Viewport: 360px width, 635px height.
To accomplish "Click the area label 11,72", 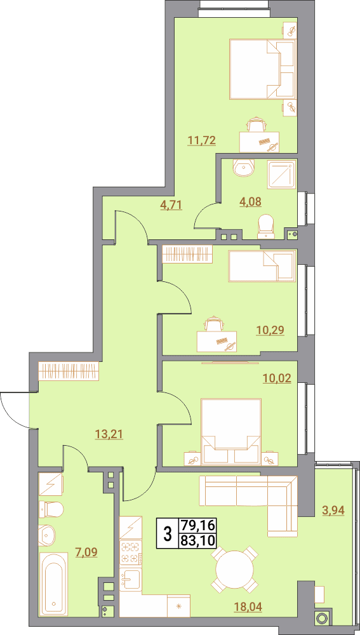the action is (201, 140).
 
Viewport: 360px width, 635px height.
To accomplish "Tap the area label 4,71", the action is (171, 204).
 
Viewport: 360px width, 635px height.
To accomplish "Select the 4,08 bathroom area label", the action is (251, 201).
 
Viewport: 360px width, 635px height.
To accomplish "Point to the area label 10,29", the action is (270, 330).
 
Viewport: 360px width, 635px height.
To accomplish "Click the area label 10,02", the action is (277, 378).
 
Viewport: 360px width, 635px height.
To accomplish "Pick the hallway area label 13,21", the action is (109, 434).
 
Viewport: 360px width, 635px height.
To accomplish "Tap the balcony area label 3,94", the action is (333, 511).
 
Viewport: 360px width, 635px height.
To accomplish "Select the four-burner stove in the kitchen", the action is (131, 553).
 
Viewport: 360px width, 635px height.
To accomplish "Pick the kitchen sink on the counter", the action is (130, 580).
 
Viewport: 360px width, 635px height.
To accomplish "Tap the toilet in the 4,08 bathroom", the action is (267, 226).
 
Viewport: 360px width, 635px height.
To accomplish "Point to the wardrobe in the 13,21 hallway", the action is (69, 371).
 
